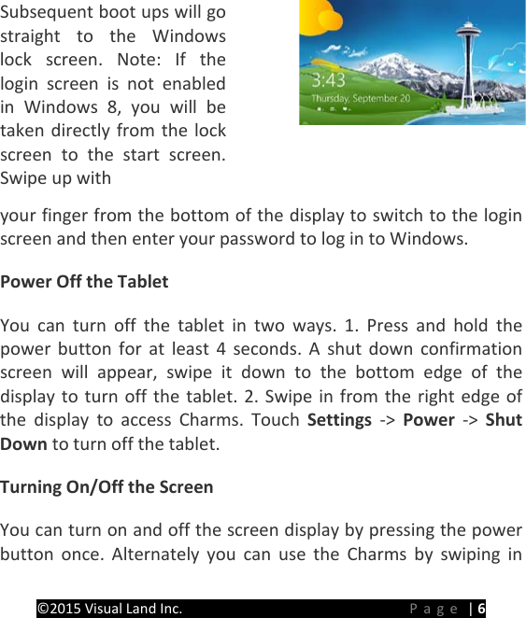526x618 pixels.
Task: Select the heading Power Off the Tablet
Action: tap(85, 281)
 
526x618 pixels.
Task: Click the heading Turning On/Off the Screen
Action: tap(107, 486)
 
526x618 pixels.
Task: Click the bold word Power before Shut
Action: tap(428, 420)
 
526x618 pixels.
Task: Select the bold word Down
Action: tap(24, 443)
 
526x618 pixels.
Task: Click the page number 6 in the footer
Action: tap(481, 609)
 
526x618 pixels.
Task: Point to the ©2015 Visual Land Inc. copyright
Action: tap(109, 609)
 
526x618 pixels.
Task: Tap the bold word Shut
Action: tap(505, 420)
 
